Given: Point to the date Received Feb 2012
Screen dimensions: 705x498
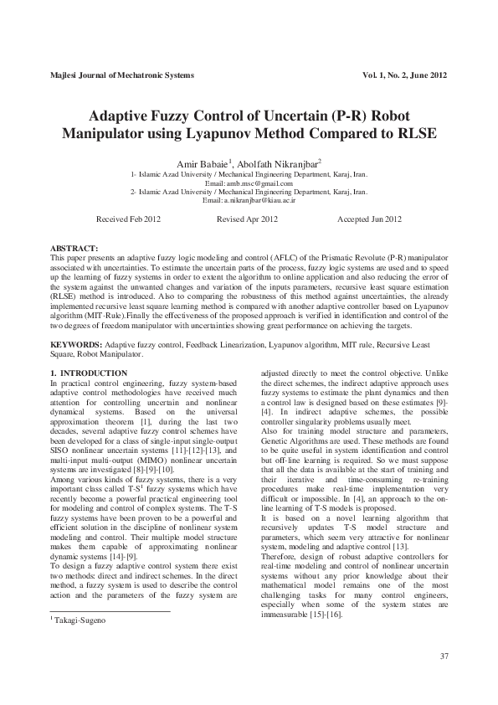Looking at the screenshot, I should (129, 219).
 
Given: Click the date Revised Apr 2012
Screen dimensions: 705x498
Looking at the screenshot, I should (247, 219).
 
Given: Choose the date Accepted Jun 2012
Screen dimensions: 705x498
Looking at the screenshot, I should (369, 219).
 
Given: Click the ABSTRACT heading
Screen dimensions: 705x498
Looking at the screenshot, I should (74, 250).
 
